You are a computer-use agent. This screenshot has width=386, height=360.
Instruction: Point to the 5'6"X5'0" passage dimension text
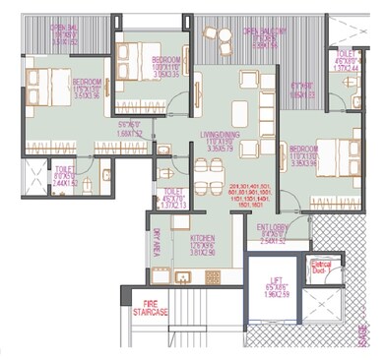point(128,128)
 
